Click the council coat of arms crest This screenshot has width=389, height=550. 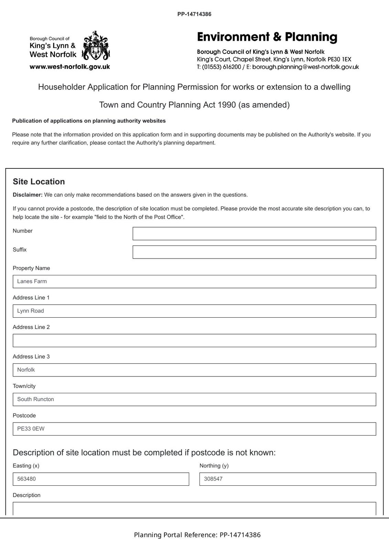coord(96,45)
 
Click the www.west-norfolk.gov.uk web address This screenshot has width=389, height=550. coord(70,67)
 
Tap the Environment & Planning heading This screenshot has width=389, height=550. coord(267,37)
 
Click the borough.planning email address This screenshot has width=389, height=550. coord(305,67)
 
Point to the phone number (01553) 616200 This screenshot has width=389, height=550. coord(221,67)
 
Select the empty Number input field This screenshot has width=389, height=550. coord(254,233)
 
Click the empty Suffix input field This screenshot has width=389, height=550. coord(254,252)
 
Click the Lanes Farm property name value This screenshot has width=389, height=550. coord(32,281)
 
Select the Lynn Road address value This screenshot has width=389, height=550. coord(31,311)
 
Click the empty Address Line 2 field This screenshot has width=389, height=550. coord(194,340)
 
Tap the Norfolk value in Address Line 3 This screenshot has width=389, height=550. coord(26,370)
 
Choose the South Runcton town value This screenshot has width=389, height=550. coord(35,399)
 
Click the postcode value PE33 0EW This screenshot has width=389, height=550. coord(31,429)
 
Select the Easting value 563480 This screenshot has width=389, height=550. coord(26,479)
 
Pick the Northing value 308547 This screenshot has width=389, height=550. coord(213,479)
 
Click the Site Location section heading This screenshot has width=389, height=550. coord(39,181)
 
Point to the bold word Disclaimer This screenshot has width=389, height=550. coord(28,195)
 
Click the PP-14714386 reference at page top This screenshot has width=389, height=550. coord(194,14)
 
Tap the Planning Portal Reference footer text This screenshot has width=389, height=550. coord(197,535)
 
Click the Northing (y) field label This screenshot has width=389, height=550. coord(214,466)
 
